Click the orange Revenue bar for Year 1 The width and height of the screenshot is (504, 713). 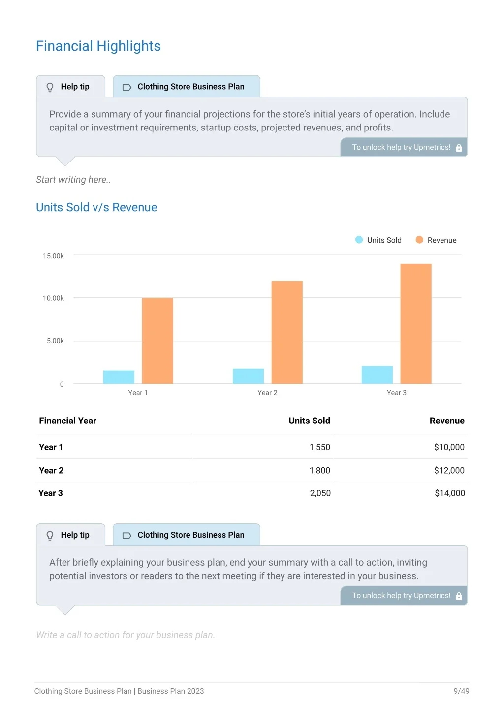pos(157,341)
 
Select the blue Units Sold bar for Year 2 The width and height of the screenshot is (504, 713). pos(248,376)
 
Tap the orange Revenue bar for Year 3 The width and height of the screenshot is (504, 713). pos(416,324)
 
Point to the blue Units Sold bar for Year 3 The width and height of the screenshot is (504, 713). pos(377,375)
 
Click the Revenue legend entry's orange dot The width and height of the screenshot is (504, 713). pos(419,240)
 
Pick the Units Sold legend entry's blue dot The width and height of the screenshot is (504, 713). pos(359,240)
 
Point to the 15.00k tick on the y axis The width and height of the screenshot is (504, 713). pos(53,256)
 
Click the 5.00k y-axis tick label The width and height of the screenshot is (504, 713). pos(55,341)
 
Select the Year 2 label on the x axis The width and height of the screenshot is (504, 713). pos(267,393)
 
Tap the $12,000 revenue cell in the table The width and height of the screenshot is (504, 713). pos(449,470)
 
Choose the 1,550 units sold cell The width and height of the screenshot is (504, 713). pos(320,447)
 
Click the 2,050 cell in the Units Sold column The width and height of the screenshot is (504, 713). pos(320,493)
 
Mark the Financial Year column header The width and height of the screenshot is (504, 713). pos(67,421)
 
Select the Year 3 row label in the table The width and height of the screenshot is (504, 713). pos(51,493)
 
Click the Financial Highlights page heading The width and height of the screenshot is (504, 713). pos(98,46)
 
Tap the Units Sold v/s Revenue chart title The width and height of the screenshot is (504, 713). pos(96,207)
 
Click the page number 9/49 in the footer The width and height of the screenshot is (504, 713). pos(461,691)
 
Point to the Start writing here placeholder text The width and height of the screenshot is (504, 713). pos(73,180)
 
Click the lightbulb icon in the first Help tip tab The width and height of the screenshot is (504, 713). pos(50,87)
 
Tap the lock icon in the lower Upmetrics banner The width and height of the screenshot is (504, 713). pos(459,595)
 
